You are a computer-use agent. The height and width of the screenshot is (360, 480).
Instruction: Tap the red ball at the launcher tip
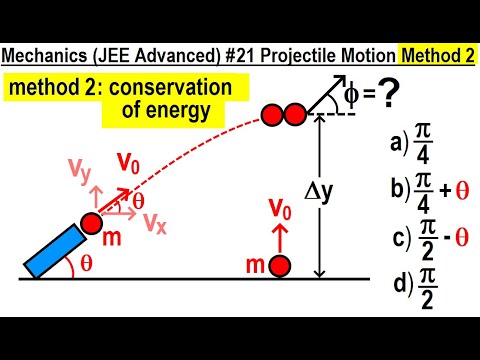tap(90, 222)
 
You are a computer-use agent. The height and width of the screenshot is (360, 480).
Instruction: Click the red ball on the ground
tap(280, 267)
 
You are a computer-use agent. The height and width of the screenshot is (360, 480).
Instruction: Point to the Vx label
tap(153, 223)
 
